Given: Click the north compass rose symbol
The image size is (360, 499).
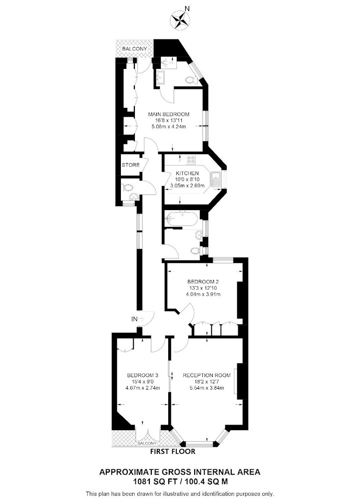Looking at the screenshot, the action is coord(178,19).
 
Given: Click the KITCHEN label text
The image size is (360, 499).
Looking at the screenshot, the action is coord(187,174).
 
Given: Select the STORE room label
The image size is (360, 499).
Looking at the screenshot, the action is coord(131,165).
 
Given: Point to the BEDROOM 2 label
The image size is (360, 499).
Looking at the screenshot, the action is coord(203,281).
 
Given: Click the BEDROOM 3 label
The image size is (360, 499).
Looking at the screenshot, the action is coord(143,375).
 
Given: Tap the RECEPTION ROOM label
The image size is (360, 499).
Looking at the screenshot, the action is coord(207,375).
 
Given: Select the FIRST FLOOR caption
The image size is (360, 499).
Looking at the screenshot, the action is coord(173,451).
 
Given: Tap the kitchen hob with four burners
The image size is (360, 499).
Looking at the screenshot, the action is coord(191,160).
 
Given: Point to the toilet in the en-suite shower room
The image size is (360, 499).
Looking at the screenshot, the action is coord(190,80).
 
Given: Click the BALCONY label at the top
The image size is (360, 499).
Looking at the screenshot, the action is coord(135,49).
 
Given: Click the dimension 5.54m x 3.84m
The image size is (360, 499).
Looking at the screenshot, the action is coord(207,388).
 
